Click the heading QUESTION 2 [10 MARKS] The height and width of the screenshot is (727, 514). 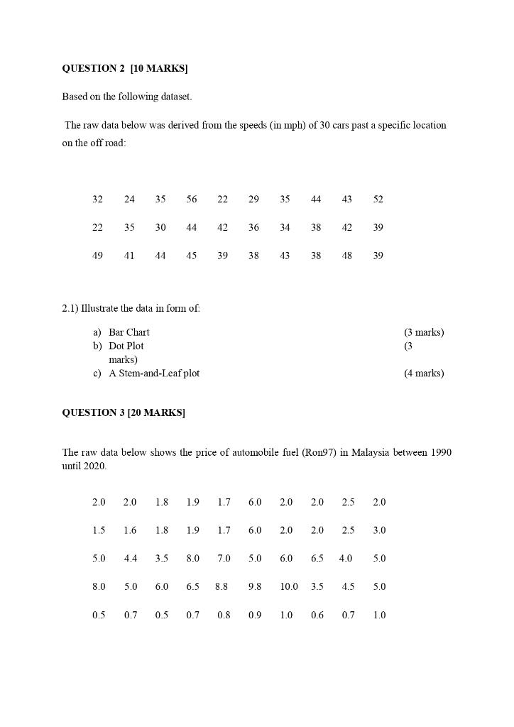click(125, 69)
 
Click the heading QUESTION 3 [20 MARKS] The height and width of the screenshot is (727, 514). click(124, 413)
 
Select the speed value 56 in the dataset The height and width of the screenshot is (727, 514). click(192, 199)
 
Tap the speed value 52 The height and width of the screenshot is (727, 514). click(378, 199)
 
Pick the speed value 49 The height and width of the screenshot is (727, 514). click(97, 256)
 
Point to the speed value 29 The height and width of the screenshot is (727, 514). click(253, 199)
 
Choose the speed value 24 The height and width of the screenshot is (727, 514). click(129, 199)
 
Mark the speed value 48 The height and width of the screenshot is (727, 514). click(346, 256)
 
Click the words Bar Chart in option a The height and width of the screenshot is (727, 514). click(129, 332)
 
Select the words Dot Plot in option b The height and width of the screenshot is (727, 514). click(126, 346)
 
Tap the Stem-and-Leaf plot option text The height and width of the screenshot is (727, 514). click(154, 373)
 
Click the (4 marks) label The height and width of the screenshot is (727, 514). click(424, 373)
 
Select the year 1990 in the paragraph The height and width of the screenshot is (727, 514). click(440, 453)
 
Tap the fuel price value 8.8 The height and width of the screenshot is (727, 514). click(222, 587)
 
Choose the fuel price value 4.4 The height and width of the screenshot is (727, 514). click(131, 559)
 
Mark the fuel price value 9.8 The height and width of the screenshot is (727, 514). click(255, 587)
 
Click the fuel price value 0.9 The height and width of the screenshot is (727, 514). click(255, 616)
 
